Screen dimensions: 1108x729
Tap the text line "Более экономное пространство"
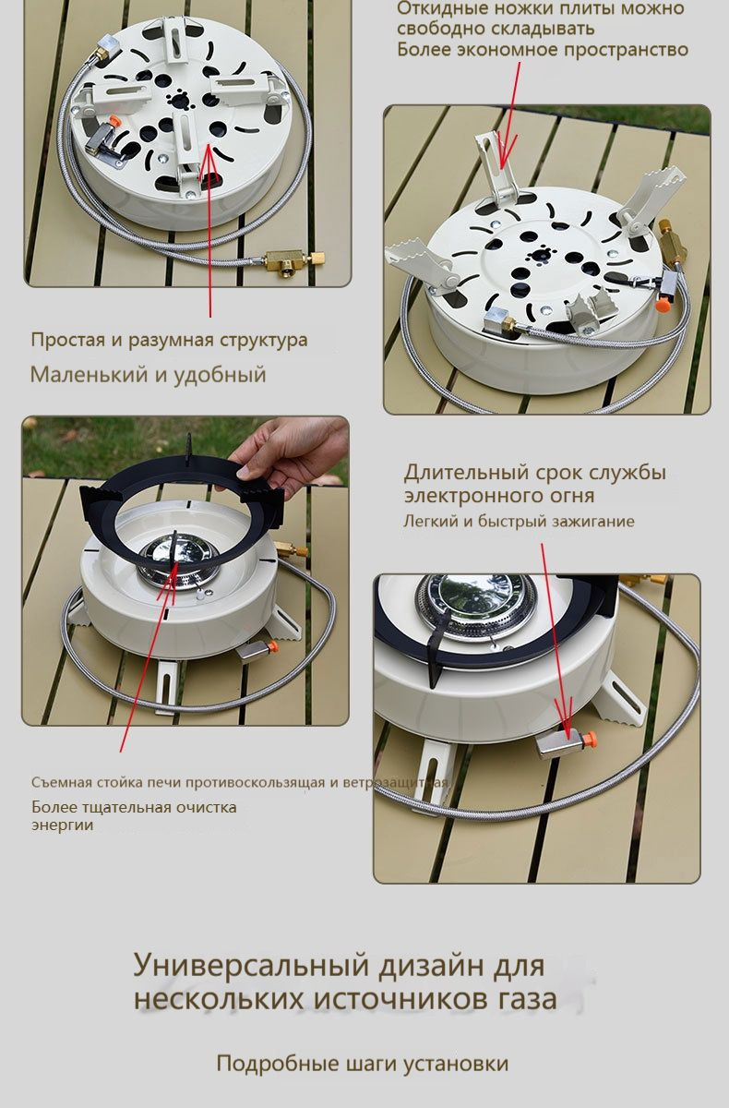point(543,49)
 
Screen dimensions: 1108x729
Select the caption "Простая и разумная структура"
point(169,340)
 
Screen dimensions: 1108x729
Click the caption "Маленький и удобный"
point(148,375)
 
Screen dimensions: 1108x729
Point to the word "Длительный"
point(466,473)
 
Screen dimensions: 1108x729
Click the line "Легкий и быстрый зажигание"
point(519,521)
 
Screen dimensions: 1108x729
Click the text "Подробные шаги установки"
point(362,1064)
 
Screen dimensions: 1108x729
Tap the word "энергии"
point(62,825)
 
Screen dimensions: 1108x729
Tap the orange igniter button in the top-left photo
point(114,120)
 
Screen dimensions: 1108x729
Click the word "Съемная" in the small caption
point(58,783)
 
